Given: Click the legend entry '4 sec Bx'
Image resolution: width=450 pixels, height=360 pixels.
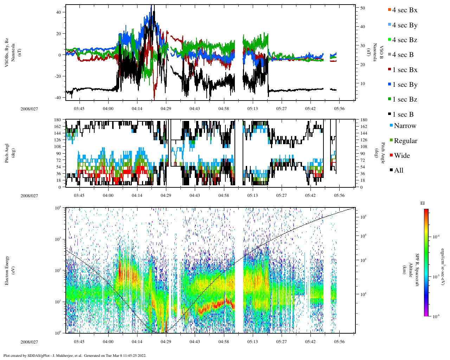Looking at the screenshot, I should (x=405, y=10).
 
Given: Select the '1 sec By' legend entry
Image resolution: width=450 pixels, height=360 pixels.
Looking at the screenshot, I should (x=405, y=85).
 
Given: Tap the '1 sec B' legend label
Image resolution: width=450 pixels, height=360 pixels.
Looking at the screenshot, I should (x=403, y=115).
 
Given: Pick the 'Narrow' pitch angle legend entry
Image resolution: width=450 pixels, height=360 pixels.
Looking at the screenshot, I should (x=405, y=126).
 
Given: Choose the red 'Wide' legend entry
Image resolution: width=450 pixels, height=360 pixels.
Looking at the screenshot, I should (x=401, y=156).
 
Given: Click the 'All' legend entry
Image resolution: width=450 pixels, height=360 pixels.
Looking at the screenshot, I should (x=398, y=171).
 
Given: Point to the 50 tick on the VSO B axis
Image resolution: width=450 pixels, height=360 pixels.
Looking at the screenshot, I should (x=362, y=8).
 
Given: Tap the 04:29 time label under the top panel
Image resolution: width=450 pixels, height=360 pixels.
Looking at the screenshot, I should (x=166, y=109).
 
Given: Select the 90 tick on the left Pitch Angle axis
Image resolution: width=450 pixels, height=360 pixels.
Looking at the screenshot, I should (x=58, y=153).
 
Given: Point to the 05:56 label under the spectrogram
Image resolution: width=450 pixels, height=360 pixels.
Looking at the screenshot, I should (x=339, y=342).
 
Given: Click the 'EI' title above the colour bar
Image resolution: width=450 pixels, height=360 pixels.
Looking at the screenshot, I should (x=423, y=203).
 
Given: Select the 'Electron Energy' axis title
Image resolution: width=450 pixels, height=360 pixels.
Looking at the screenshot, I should (x=7, y=270).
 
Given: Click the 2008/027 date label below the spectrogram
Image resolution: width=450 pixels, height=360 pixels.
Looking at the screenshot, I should (x=29, y=342).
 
